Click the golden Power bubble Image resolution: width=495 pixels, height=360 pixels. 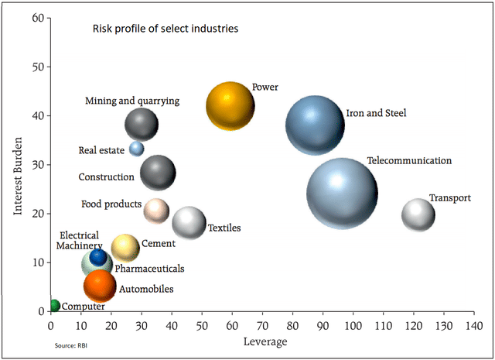tap(230, 107)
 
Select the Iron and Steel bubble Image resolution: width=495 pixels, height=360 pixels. tap(314, 125)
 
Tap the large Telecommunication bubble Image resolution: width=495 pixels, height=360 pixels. tap(342, 194)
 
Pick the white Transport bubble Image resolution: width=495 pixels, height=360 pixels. tap(418, 214)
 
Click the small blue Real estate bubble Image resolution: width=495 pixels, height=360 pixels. tap(137, 148)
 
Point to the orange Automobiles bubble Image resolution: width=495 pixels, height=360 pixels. tap(100, 286)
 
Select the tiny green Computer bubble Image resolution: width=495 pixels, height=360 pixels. tap(54, 306)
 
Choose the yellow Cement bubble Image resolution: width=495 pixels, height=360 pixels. tap(125, 247)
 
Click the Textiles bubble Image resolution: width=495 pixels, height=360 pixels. tap(189, 222)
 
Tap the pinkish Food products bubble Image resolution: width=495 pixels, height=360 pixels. tap(156, 210)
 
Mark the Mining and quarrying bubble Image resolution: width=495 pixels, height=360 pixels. tap(142, 124)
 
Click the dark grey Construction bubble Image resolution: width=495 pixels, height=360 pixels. tap(158, 172)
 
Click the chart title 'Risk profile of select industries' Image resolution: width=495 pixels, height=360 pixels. tap(166, 29)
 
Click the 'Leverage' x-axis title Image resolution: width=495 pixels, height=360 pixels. tap(265, 341)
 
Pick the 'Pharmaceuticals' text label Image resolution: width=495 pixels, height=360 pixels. tap(149, 269)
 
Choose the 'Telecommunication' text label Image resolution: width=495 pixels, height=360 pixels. tap(409, 161)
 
